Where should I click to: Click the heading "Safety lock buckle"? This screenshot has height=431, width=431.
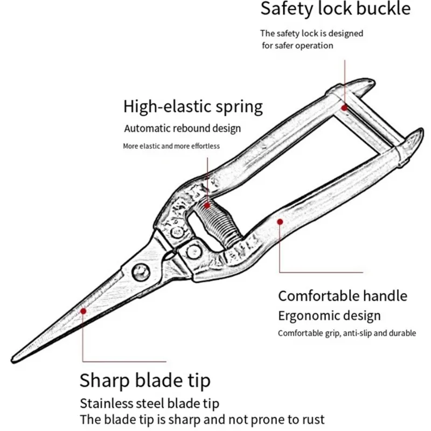[335, 9]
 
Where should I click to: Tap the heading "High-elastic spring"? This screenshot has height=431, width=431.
[193, 107]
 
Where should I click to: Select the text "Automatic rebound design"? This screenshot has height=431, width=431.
[183, 129]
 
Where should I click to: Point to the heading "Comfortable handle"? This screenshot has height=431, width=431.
[343, 296]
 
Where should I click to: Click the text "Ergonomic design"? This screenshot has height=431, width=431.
[329, 316]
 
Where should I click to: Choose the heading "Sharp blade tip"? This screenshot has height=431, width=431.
[145, 381]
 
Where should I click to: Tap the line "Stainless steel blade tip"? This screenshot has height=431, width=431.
[150, 404]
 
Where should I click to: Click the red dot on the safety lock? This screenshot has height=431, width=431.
[344, 108]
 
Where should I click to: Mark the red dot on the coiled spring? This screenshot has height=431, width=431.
[207, 205]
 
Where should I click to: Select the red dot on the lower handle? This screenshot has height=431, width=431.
[280, 222]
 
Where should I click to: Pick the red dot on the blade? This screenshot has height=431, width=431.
[83, 311]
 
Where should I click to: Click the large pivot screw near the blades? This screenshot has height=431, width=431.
[141, 273]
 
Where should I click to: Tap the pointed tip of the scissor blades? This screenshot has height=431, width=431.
[12, 360]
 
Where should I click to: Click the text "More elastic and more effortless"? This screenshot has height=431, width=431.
[171, 146]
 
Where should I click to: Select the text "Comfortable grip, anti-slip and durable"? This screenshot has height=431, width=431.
[347, 333]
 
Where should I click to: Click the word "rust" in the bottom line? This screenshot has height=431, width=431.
[314, 420]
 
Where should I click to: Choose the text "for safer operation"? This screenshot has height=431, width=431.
[297, 46]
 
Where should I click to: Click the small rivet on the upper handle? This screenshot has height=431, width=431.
[177, 233]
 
